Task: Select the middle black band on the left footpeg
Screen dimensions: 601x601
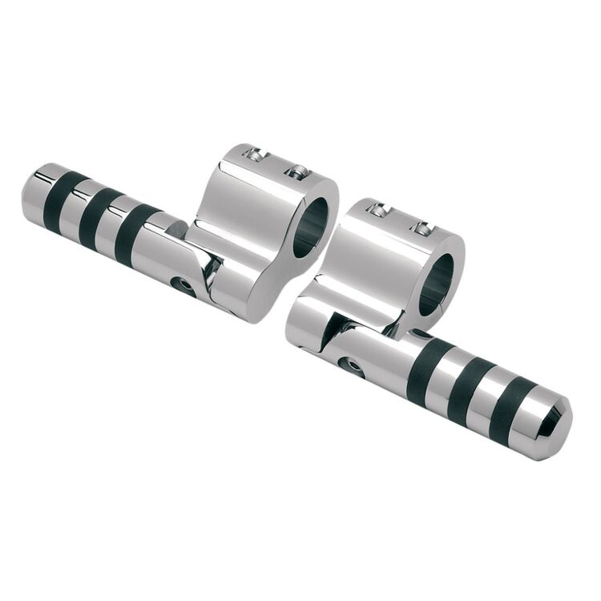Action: coord(98,218)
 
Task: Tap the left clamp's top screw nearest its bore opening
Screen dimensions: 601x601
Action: coord(298,171)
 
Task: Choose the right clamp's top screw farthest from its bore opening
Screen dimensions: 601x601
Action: coord(377,210)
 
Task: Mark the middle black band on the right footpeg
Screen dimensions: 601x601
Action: coord(469,392)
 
